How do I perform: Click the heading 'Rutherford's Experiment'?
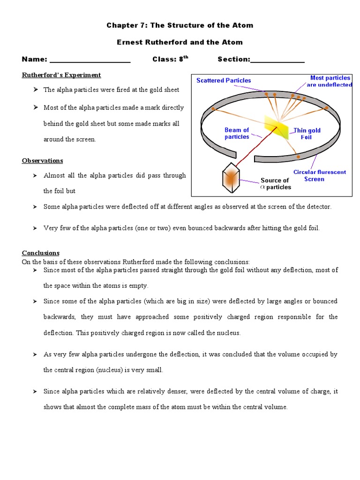61,75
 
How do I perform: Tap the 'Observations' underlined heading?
42,160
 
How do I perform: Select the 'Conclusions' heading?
41,253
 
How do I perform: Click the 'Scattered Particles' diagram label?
224,81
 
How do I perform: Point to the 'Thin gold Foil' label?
307,134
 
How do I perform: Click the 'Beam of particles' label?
237,134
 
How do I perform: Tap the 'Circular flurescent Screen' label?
319,175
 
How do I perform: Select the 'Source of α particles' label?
275,184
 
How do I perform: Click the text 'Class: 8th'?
170,59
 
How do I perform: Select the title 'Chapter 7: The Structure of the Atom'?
180,25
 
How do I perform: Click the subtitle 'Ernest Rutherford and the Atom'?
180,42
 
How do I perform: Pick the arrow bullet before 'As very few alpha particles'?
35,355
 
